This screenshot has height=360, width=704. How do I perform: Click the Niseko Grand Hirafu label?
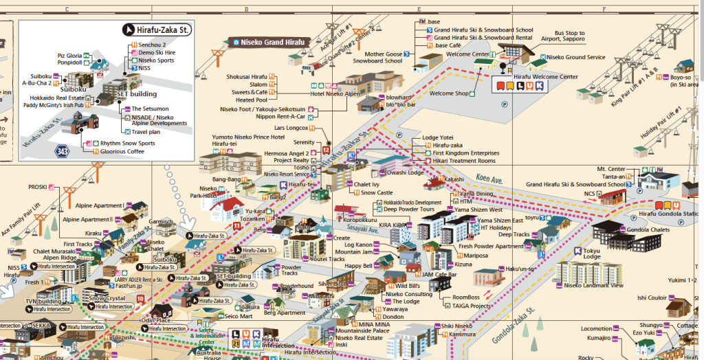[268, 42]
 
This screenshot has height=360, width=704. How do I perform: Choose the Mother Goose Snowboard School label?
[383, 57]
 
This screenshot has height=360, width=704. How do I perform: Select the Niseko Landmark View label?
[593, 286]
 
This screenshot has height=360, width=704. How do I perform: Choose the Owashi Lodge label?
[406, 173]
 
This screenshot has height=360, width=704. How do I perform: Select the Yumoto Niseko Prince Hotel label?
[248, 137]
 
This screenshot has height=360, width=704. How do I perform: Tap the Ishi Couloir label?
[652, 297]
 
